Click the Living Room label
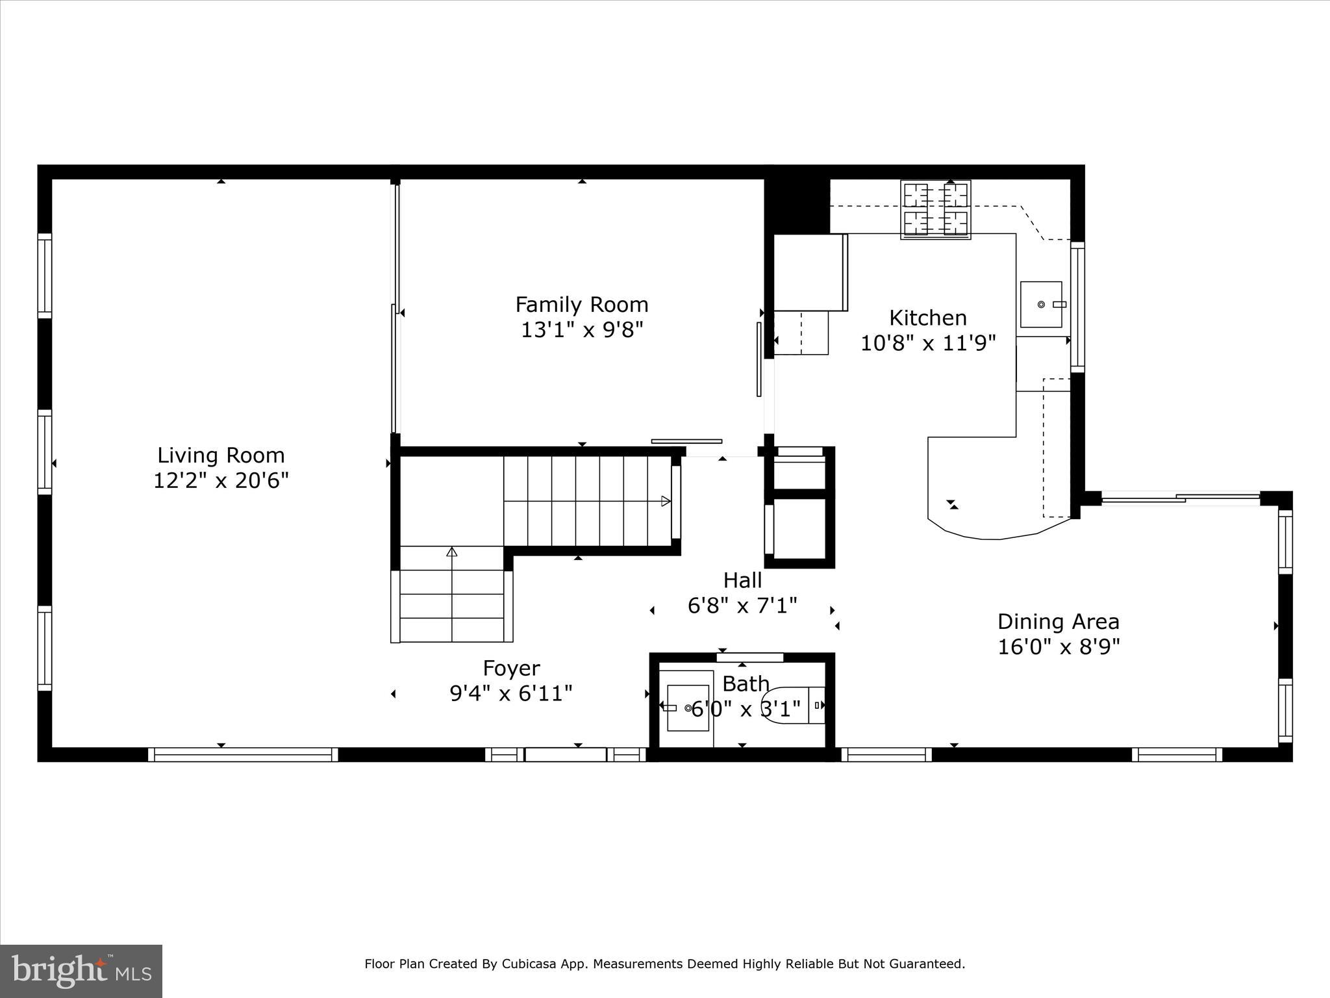pyautogui.click(x=221, y=455)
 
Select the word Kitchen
pyautogui.click(x=927, y=318)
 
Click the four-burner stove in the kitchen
pyautogui.click(x=936, y=209)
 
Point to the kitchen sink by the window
pyautogui.click(x=1041, y=304)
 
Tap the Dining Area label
pyautogui.click(x=1058, y=622)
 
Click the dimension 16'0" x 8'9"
pyautogui.click(x=1058, y=647)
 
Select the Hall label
pyautogui.click(x=742, y=580)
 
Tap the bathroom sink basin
pyautogui.click(x=688, y=708)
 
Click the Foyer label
pyautogui.click(x=511, y=668)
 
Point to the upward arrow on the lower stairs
pyautogui.click(x=452, y=553)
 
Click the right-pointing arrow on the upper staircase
pyautogui.click(x=665, y=501)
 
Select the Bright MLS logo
pyautogui.click(x=81, y=971)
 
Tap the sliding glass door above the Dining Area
pyautogui.click(x=1181, y=499)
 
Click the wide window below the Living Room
pyautogui.click(x=243, y=754)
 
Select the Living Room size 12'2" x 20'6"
pyautogui.click(x=221, y=481)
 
